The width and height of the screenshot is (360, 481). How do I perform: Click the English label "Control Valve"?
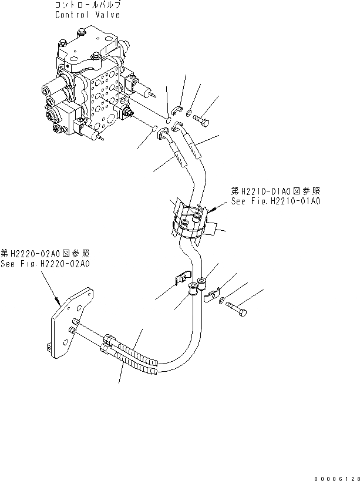[x=88, y=15]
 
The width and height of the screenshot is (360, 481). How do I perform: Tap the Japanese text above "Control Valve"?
[x=88, y=5]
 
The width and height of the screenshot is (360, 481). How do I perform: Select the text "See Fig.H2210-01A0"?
[x=275, y=201]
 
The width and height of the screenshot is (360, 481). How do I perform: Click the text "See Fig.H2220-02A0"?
[x=45, y=264]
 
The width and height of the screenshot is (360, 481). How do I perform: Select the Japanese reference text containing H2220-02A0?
[x=45, y=254]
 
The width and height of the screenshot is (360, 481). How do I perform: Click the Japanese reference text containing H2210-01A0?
[x=275, y=191]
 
